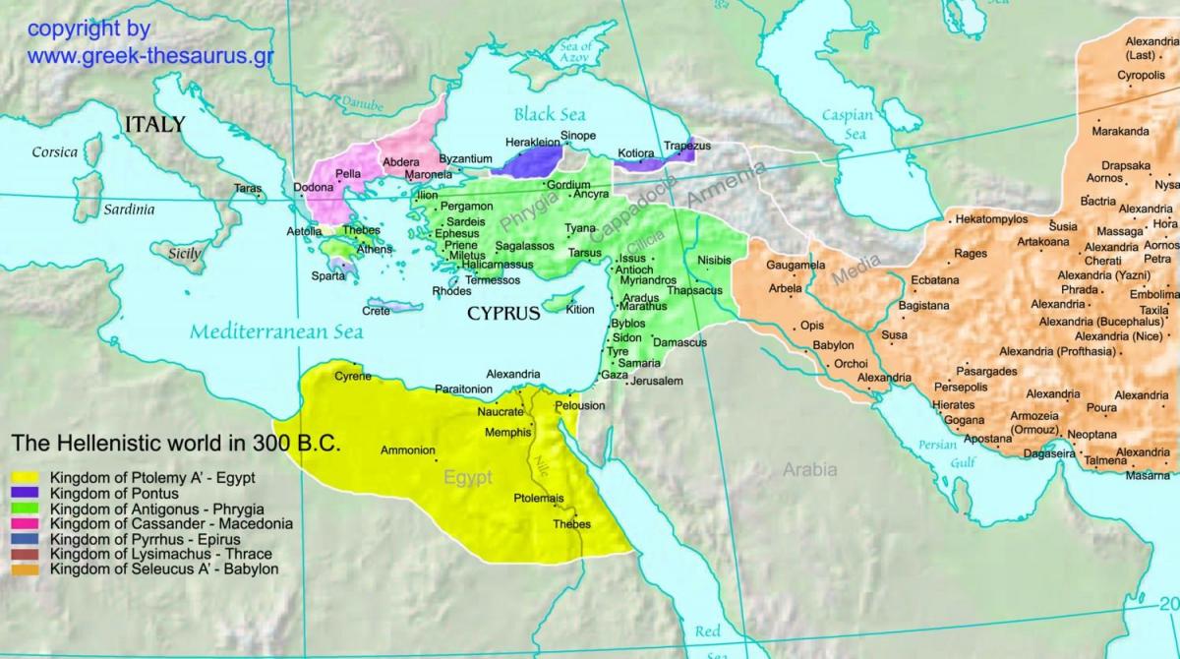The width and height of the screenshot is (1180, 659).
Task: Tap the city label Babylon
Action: (833, 346)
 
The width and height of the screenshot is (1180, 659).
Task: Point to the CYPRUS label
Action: (502, 315)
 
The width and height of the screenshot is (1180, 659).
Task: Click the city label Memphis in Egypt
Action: (507, 433)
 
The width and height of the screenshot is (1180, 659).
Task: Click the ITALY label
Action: (154, 124)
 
